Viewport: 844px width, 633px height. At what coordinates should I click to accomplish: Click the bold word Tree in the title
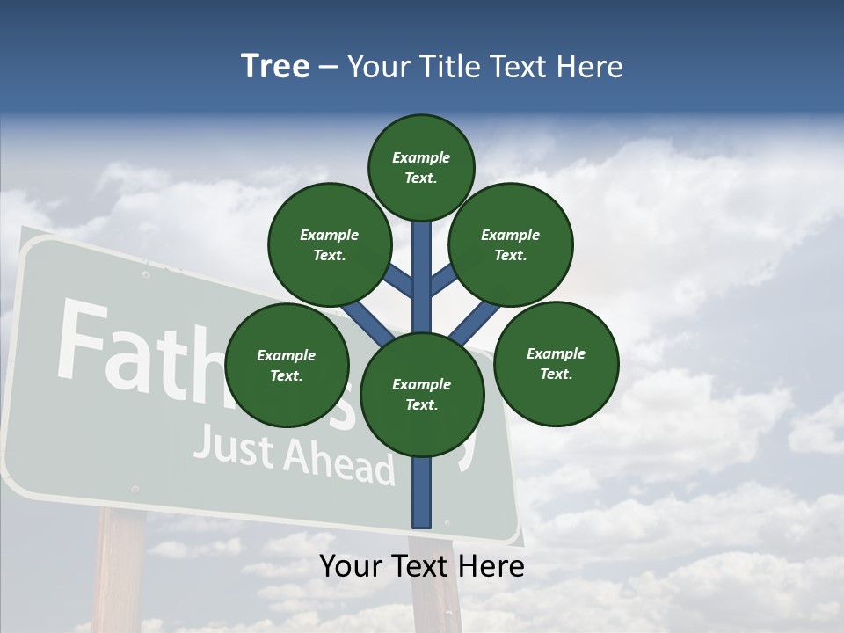(x=275, y=67)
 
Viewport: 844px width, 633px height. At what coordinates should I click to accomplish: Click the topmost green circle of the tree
(x=421, y=167)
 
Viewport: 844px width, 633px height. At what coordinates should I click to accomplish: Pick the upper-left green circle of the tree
(x=330, y=244)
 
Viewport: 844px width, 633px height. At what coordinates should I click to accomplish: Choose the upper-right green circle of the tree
(x=511, y=244)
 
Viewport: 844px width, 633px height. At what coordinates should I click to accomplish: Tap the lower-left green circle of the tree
(x=287, y=365)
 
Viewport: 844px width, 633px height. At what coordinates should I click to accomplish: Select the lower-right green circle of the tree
(x=556, y=363)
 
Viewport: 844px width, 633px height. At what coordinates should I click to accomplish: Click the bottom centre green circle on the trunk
(x=422, y=394)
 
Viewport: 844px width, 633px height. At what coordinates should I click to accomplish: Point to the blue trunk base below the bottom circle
(x=422, y=492)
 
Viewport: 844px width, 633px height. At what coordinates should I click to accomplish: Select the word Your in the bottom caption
(x=351, y=566)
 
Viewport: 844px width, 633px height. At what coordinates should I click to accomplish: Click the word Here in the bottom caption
(x=493, y=566)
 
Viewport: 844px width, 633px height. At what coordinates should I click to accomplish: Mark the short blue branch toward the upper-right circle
(x=442, y=280)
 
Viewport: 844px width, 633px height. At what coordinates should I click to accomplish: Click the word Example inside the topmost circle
(x=421, y=158)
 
